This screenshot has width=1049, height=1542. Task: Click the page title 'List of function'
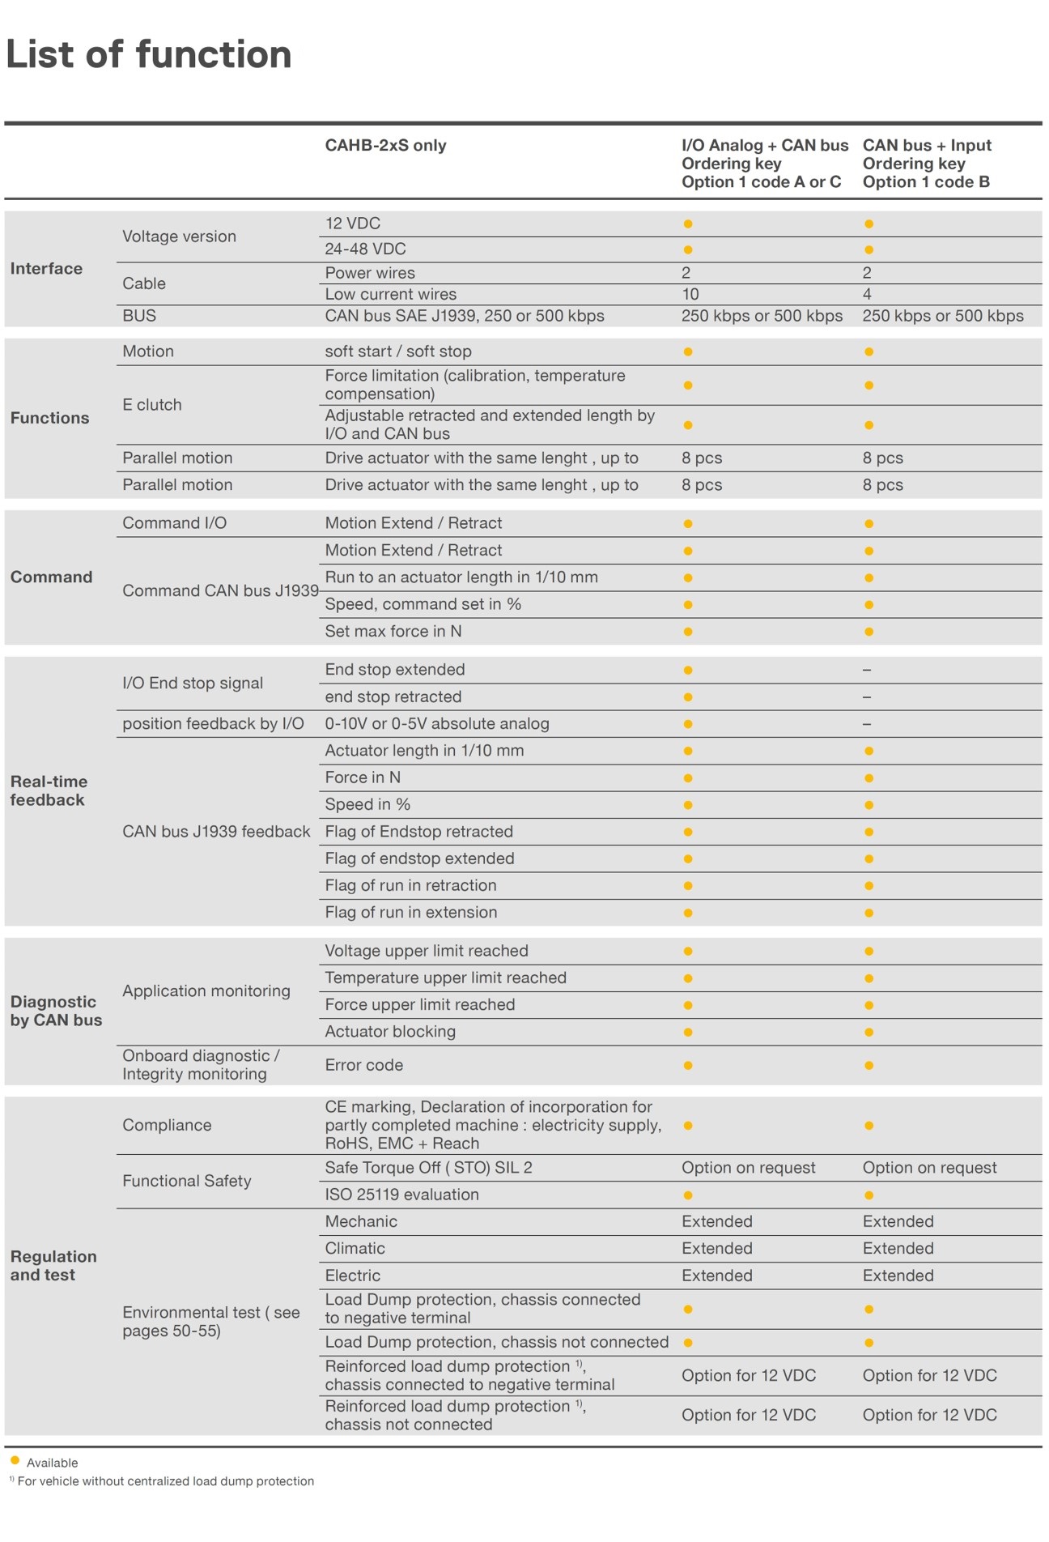[148, 55]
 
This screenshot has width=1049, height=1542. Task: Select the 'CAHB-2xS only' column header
[385, 146]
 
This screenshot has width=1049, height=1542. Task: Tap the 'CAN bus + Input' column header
[927, 146]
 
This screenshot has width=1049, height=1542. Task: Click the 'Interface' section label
[46, 269]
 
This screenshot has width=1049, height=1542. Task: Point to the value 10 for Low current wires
[690, 295]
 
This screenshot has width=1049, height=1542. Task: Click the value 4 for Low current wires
[867, 295]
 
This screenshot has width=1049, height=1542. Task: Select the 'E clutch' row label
[152, 405]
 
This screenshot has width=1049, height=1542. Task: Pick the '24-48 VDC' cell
[365, 249]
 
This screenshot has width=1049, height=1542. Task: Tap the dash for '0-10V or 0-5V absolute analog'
[867, 724]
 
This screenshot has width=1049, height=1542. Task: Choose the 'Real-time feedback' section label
[49, 791]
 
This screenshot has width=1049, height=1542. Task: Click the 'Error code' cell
[363, 1066]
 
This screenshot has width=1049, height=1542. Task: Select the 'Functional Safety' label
[187, 1182]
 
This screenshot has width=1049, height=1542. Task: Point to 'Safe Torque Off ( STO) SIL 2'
[428, 1168]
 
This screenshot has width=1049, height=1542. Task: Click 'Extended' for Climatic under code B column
[898, 1249]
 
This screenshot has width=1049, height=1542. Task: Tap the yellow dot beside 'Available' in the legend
[15, 1461]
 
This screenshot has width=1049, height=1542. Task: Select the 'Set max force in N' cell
[393, 632]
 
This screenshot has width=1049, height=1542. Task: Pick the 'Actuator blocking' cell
[390, 1032]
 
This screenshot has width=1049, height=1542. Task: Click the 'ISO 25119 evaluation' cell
[401, 1195]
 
